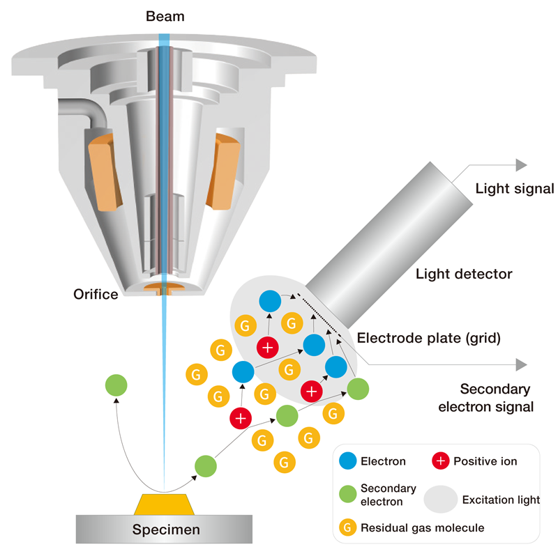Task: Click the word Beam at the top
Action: (x=165, y=15)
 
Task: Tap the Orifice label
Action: (x=96, y=293)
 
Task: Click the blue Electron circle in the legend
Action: (x=347, y=461)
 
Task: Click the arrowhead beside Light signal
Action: (x=520, y=165)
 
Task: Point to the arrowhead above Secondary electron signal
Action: (x=520, y=364)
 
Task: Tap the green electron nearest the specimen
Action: (x=205, y=465)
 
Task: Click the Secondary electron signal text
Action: (x=495, y=397)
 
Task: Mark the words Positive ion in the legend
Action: (x=485, y=461)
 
